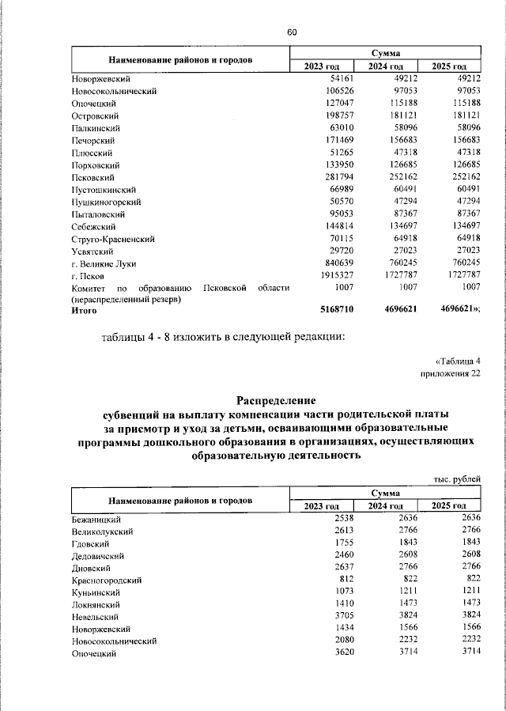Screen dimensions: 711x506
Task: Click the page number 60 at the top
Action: [292, 32]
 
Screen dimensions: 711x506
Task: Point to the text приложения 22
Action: [450, 375]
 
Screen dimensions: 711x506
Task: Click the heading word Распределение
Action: [277, 399]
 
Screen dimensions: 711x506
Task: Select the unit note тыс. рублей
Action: [458, 479]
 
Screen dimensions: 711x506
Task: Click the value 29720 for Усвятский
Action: [348, 251]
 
